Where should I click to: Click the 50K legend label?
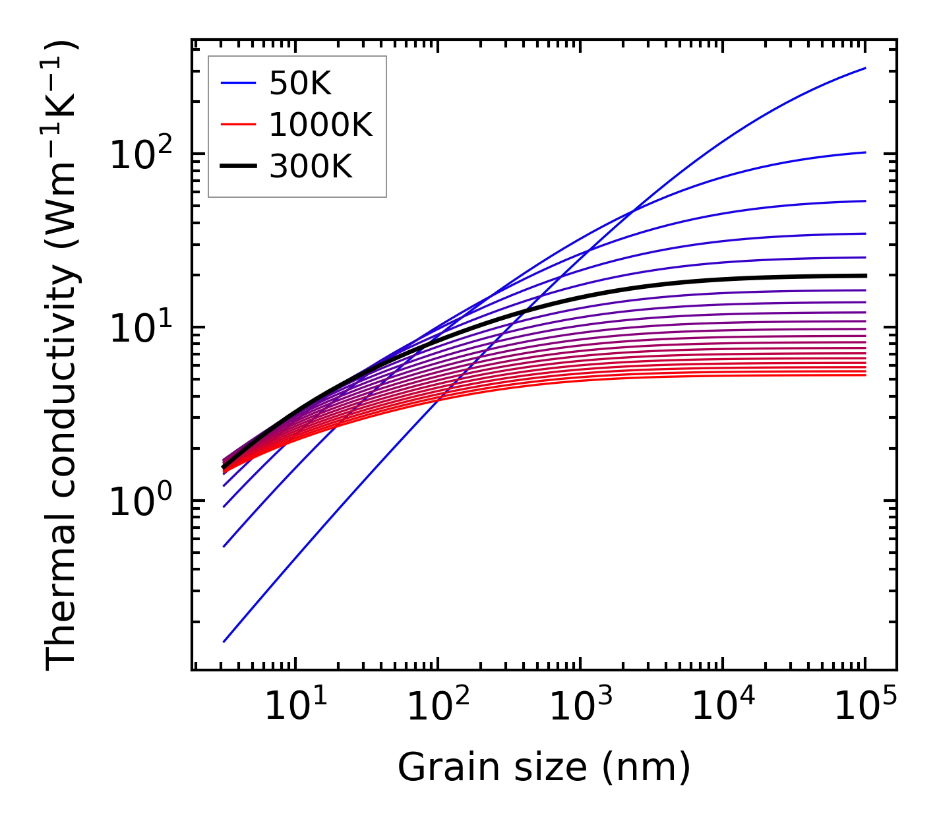[x=300, y=83]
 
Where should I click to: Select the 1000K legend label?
[x=320, y=125]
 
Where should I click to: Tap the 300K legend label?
[x=311, y=167]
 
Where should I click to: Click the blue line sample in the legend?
[x=238, y=83]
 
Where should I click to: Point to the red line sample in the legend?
[x=238, y=125]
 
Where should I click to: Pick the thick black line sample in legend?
[x=238, y=167]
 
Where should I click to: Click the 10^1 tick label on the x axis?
[x=295, y=708]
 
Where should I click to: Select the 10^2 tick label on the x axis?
[x=437, y=708]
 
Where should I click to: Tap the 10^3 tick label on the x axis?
[x=580, y=708]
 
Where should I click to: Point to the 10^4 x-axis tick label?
[x=723, y=708]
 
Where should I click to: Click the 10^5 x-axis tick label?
[x=865, y=708]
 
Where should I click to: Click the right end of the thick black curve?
[x=865, y=276]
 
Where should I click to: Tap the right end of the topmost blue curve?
[x=865, y=68]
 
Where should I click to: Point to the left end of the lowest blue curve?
[x=224, y=641]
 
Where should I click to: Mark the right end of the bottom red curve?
[x=865, y=375]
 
